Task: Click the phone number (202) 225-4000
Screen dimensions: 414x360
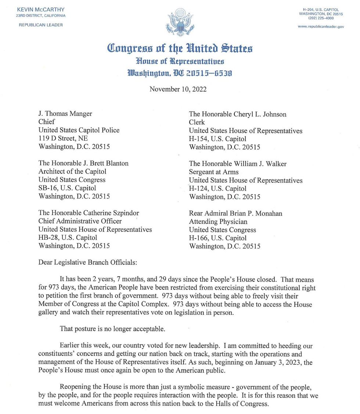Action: pos(321,18)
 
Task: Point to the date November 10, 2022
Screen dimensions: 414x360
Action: pos(178,89)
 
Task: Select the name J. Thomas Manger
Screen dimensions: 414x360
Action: pos(65,114)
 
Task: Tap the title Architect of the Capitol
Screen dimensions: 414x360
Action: pos(72,171)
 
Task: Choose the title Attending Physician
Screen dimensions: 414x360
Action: pos(218,221)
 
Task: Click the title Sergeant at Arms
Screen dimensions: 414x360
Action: pos(213,172)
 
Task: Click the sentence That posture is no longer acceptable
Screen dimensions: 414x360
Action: pos(112,328)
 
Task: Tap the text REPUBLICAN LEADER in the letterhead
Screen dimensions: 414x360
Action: pos(41,25)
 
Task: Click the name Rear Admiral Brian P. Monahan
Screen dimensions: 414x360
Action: pos(235,213)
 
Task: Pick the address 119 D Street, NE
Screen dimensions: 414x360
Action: pos(63,138)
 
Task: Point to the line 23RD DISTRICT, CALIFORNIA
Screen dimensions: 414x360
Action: pos(41,16)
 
